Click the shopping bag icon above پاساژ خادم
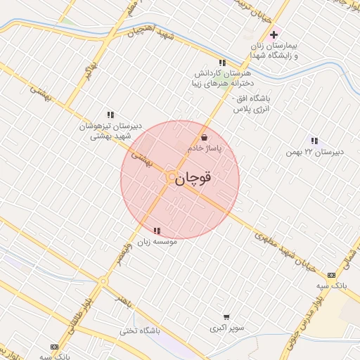click(x=204, y=137)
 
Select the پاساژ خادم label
click(x=205, y=149)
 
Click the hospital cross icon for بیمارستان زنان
click(x=274, y=34)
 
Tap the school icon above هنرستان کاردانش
click(x=222, y=63)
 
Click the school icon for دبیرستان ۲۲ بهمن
click(x=314, y=141)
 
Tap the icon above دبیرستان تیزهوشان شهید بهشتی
click(x=110, y=114)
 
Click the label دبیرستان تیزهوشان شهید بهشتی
click(x=111, y=131)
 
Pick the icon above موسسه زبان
click(x=157, y=230)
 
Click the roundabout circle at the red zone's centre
click(x=171, y=176)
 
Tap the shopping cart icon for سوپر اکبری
click(x=226, y=317)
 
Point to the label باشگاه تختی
click(x=160, y=330)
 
